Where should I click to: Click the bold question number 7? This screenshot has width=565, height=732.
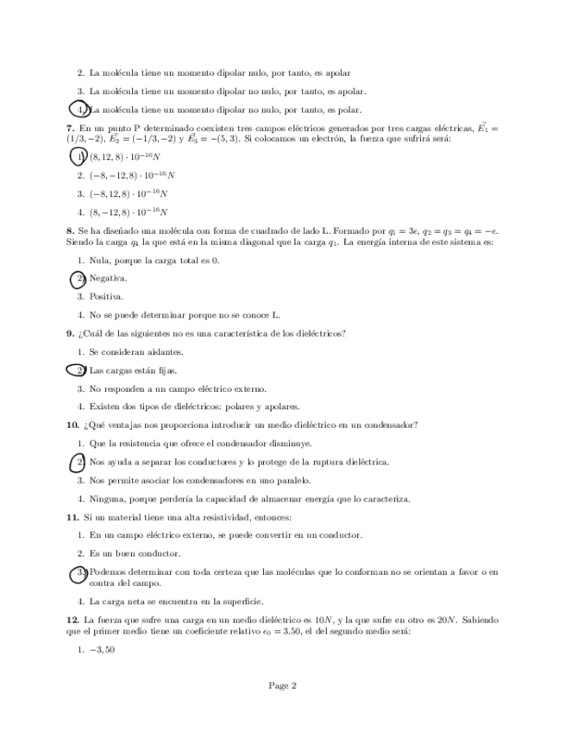(68, 128)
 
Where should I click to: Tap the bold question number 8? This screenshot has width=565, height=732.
(68, 231)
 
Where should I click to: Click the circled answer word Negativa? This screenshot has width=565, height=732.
(108, 278)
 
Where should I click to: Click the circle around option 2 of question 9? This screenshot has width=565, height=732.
(78, 370)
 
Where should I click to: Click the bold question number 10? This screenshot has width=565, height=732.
(72, 425)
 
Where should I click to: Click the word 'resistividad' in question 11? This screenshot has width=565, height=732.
(216, 517)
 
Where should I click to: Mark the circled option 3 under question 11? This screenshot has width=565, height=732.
(78, 572)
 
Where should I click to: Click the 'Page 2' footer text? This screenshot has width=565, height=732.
(282, 686)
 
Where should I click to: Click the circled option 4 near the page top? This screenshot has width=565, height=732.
(78, 110)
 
